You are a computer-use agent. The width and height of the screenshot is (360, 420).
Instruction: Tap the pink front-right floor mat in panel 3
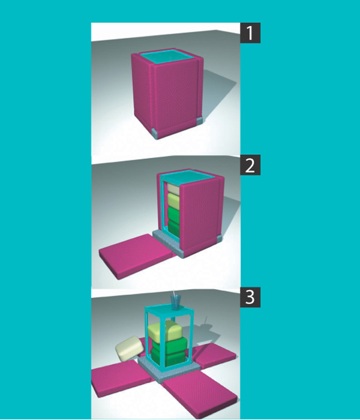190,397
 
